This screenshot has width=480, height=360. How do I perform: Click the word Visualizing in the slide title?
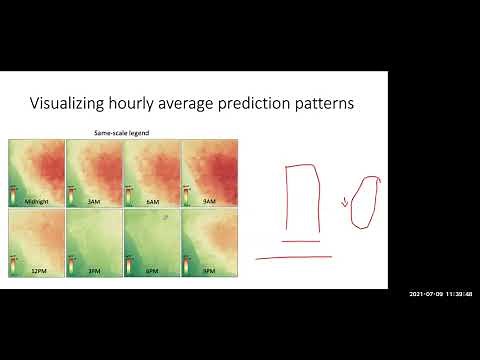pos(66,104)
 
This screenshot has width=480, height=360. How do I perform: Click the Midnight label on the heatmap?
pos(36,201)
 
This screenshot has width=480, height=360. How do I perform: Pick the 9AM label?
pos(208,201)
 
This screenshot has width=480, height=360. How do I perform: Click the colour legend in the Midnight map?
pos(13,193)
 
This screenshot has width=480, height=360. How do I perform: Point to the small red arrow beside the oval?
pos(345,204)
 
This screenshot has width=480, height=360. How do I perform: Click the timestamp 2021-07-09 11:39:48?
pos(440,293)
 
